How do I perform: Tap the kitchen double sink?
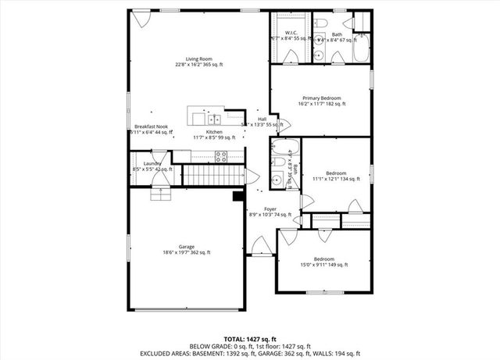pyautogui.click(x=215, y=119)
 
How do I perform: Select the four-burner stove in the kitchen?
pyautogui.click(x=220, y=155)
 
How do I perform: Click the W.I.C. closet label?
pyautogui.click(x=289, y=33)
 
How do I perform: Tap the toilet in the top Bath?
pyautogui.click(x=321, y=27)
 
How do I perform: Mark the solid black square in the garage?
pyautogui.click(x=237, y=196)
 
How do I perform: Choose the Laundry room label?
pyautogui.click(x=152, y=163)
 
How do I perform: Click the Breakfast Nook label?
pyautogui.click(x=151, y=127)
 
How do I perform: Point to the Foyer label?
pyautogui.click(x=270, y=209)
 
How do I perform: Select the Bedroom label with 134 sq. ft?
pyautogui.click(x=336, y=173)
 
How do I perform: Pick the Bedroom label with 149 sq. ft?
pyautogui.click(x=324, y=259)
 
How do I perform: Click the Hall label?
pyautogui.click(x=262, y=119)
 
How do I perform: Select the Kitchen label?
pyautogui.click(x=214, y=132)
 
